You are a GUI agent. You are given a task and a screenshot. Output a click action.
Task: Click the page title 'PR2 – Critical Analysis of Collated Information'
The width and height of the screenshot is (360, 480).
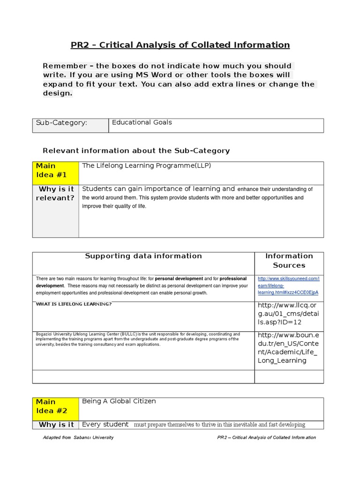(x=180, y=45)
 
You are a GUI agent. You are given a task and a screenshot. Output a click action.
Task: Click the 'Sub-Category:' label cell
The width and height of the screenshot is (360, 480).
(x=61, y=123)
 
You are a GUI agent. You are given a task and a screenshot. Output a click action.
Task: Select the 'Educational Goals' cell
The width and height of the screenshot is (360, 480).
(x=142, y=122)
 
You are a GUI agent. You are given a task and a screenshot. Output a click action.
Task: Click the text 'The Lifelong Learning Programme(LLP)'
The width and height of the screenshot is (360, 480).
(x=143, y=166)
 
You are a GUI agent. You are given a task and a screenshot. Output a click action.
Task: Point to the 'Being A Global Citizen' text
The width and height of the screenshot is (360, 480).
(x=119, y=401)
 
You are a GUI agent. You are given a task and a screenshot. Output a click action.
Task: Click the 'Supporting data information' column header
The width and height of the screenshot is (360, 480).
(x=143, y=256)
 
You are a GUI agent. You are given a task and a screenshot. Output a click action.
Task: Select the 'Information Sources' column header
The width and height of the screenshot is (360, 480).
(x=289, y=261)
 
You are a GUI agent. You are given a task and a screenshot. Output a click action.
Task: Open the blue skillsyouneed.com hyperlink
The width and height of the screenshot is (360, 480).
(x=288, y=285)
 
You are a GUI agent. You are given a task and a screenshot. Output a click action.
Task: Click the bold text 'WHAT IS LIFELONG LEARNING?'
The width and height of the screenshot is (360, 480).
(x=74, y=304)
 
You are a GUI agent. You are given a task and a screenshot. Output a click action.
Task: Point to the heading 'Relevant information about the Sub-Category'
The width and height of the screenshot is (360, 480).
(x=136, y=150)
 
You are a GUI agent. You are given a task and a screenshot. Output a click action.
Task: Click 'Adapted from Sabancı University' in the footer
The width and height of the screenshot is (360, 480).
(x=78, y=437)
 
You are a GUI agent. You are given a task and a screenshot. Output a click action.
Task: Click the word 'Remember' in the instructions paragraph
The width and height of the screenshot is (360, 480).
(x=65, y=66)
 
